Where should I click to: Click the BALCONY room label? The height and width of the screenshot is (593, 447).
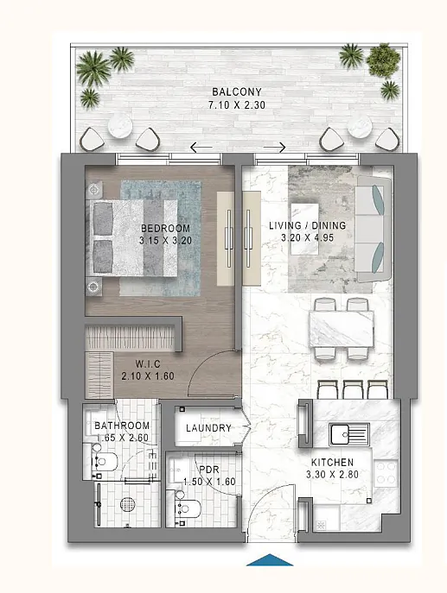tap(237, 91)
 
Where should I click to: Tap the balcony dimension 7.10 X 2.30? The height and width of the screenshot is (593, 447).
tap(237, 104)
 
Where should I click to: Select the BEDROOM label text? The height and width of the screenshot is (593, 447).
tap(165, 229)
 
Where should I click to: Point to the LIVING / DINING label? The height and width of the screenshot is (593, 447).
tap(308, 226)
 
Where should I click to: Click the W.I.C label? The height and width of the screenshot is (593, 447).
tap(148, 364)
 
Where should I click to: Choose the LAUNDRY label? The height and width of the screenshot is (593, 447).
tap(208, 428)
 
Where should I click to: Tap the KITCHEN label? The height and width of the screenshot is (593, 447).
tap(333, 462)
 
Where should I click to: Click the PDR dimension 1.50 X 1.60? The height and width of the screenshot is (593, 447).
tap(209, 482)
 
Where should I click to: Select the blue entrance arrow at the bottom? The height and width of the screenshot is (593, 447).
tap(270, 559)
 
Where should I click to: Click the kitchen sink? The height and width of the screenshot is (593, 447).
tap(349, 434)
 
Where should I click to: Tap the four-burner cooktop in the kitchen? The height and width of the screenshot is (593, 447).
tap(386, 473)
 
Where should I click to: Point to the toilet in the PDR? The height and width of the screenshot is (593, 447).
tap(188, 508)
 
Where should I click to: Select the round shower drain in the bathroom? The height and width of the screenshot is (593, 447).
tap(128, 504)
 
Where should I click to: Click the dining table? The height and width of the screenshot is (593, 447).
tap(342, 329)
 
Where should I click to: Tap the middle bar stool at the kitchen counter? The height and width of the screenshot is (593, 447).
tap(353, 389)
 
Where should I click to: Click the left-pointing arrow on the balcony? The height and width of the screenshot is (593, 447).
tap(201, 147)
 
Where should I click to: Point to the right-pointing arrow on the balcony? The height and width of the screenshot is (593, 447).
tap(274, 147)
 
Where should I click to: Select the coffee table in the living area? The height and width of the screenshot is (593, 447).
tap(305, 230)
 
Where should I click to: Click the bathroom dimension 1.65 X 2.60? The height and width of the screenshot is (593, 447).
tap(123, 438)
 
